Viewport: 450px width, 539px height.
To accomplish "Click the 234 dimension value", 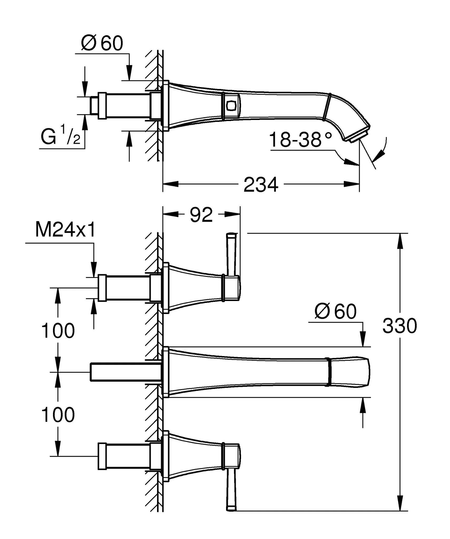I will click(x=261, y=185).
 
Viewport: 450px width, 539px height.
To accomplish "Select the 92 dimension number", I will click(x=201, y=215).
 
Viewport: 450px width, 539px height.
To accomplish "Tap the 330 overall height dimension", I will click(x=399, y=326).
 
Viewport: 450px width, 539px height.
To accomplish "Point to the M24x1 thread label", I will click(x=65, y=230).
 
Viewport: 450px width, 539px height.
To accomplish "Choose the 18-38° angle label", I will click(x=300, y=140).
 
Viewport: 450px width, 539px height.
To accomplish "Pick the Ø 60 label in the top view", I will click(x=102, y=43).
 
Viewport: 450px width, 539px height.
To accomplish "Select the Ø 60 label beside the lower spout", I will click(x=335, y=312).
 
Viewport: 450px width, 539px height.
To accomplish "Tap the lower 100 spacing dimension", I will click(x=58, y=415).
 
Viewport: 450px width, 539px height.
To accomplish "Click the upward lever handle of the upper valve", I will click(x=231, y=253).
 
